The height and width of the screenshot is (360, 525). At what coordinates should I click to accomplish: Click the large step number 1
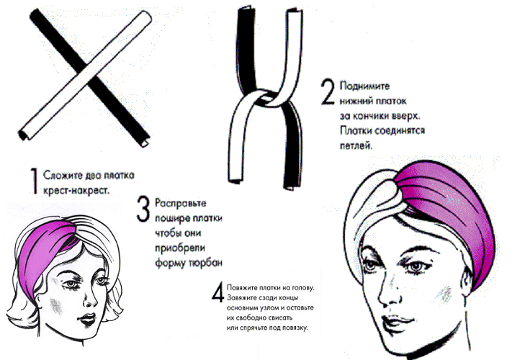click(x=33, y=181)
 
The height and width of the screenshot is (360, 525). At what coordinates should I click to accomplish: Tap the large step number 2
click(x=328, y=92)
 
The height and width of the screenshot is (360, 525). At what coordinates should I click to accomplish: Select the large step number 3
click(x=143, y=210)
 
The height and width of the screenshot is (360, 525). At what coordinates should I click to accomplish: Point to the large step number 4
click(x=217, y=292)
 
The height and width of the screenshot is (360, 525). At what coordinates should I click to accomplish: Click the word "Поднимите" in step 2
click(x=364, y=86)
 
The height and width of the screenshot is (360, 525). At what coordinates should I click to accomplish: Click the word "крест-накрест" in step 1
click(x=76, y=191)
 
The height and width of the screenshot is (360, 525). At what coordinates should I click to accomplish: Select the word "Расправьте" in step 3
click(x=181, y=204)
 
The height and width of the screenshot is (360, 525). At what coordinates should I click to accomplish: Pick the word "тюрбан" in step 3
click(x=205, y=264)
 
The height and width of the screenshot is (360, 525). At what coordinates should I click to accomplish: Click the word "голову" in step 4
click(x=302, y=288)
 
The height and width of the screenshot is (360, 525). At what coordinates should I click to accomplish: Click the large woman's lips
click(x=396, y=323)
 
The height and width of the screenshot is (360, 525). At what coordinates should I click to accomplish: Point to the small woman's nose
click(x=89, y=300)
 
